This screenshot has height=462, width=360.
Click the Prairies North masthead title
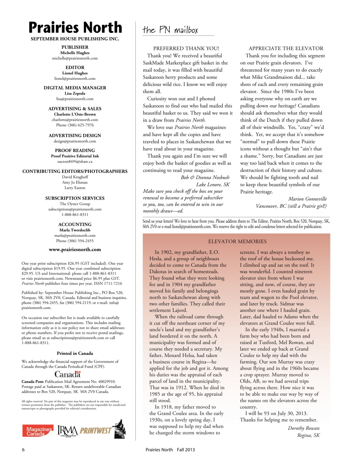pos(75,27)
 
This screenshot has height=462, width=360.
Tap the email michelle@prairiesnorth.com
pos(75,58)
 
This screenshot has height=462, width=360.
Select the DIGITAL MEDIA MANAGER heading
pos(75,88)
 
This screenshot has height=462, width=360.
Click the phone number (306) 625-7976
pos(75,125)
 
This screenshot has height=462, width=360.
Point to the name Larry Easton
pos(75,188)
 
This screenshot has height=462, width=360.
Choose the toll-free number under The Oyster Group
pos(75,214)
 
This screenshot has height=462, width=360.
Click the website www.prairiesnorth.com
pos(75,249)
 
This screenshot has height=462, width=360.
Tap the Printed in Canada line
pos(75,353)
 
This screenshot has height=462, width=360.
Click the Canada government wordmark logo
pos(68,374)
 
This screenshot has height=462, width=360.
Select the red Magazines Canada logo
pos(38,431)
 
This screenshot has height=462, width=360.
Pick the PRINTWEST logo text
pos(96,430)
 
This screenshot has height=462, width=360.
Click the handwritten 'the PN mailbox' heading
pos(170,30)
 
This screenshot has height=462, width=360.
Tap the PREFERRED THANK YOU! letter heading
pos(186,48)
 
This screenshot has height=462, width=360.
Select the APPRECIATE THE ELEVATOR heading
pos(286,48)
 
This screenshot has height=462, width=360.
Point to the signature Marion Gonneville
pos(307,199)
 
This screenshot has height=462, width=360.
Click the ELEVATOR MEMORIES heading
pos(237,241)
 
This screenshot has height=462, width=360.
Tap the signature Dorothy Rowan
pos(303,428)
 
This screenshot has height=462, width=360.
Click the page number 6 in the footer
pos(23,450)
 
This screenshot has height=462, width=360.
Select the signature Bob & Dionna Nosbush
pos(205,177)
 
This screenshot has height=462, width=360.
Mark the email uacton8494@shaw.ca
pos(75,161)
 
